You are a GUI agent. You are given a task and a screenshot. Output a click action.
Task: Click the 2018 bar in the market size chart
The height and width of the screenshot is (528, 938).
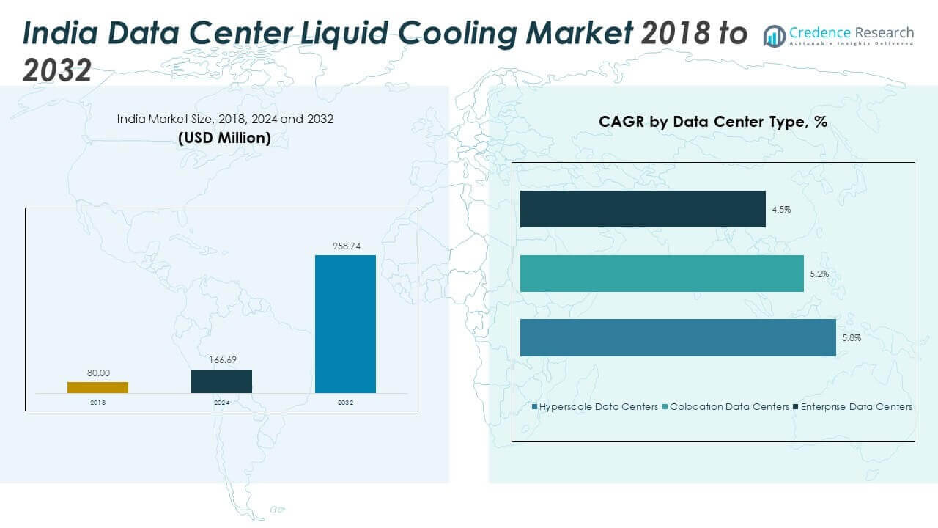(x=97, y=387)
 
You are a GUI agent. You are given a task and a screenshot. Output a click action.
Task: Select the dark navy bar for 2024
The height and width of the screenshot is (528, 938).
(x=221, y=381)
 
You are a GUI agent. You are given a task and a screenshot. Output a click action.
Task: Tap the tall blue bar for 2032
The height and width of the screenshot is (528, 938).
(x=345, y=323)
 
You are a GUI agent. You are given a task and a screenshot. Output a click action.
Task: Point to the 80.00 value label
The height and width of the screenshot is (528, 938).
(x=98, y=373)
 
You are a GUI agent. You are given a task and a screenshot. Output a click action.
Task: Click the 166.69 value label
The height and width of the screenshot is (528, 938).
(x=221, y=361)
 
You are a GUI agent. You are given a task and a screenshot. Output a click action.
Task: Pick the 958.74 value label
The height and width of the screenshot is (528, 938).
(x=345, y=247)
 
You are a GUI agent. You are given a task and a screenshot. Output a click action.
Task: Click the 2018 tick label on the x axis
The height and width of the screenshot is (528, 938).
(x=97, y=403)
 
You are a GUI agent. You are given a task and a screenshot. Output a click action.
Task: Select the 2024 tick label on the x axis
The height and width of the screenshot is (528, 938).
(x=221, y=403)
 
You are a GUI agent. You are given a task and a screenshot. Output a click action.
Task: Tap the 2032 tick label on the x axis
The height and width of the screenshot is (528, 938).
(x=345, y=403)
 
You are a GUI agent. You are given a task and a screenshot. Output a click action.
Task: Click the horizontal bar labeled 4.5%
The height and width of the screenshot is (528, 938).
(x=643, y=209)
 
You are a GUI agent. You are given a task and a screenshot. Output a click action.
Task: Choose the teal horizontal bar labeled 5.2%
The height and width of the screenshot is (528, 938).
(x=662, y=274)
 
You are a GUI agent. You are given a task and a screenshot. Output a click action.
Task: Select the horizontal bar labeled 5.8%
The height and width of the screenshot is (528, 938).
(x=678, y=337)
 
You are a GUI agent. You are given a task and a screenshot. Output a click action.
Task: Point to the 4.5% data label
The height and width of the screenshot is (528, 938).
(x=781, y=209)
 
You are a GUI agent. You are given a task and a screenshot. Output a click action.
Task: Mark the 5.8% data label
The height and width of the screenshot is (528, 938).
(x=852, y=338)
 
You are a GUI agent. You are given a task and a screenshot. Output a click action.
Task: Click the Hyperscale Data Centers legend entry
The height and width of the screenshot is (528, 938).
(x=595, y=406)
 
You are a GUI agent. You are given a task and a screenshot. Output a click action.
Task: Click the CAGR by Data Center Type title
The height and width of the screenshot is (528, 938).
(x=712, y=122)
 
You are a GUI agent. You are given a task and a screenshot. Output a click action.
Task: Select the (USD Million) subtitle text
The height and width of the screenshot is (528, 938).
(x=224, y=137)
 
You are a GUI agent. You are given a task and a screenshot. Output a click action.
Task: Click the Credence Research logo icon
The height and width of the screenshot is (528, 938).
(x=774, y=35)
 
